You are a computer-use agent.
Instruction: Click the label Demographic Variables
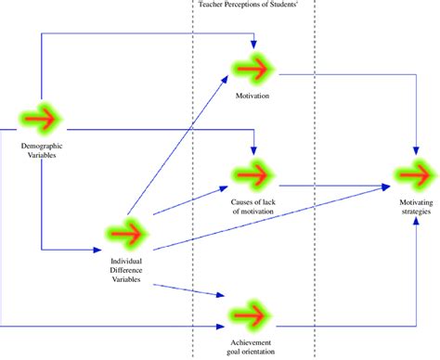pyautogui.click(x=42, y=151)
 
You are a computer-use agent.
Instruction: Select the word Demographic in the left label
pyautogui.click(x=42, y=147)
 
